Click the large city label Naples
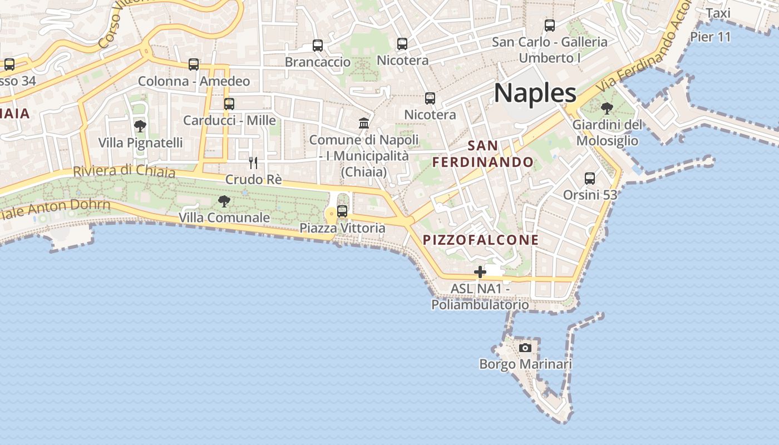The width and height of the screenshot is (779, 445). [x=535, y=93]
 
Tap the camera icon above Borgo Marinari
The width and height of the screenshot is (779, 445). [x=525, y=348]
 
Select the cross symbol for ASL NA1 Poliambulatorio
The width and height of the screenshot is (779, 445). [x=480, y=272]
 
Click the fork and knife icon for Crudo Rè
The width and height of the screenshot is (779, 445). [x=253, y=162]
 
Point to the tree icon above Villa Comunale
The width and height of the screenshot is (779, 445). [x=224, y=201]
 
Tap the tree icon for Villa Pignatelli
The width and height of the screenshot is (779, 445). [x=140, y=126]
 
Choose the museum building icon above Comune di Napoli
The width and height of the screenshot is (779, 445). [x=364, y=123]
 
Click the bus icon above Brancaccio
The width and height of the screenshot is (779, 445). [x=318, y=46]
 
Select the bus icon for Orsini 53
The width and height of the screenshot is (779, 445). [x=590, y=179]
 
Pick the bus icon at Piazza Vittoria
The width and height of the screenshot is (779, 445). [x=342, y=211]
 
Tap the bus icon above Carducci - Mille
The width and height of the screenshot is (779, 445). [x=229, y=104]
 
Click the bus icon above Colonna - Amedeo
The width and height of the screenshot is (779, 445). [x=194, y=65]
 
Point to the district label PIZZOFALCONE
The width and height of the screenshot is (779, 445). [x=481, y=240]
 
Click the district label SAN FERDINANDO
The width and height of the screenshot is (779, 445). [x=483, y=154]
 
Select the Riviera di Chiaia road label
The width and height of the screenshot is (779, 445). [x=124, y=171]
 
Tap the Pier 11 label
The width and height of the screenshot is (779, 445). [x=710, y=37]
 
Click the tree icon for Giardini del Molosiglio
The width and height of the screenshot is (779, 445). [x=607, y=108]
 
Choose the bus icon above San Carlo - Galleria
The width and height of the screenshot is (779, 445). [x=550, y=26]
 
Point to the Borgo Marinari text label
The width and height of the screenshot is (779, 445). [x=525, y=364]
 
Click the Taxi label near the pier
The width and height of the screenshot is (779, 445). [x=718, y=13]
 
